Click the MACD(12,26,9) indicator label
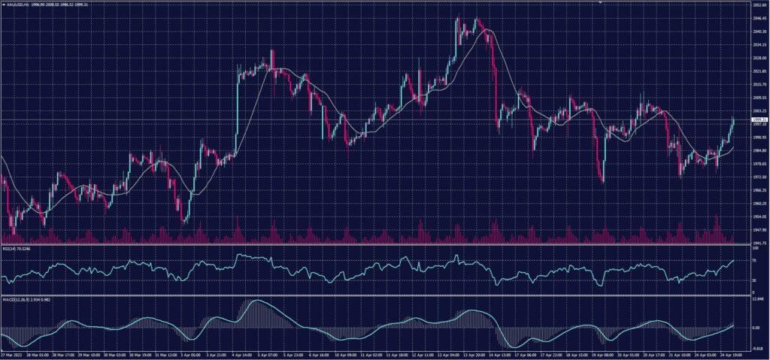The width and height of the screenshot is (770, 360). point(15,298)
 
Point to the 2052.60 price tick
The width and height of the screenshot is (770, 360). point(759,4)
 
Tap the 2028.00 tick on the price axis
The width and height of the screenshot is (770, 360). point(759,58)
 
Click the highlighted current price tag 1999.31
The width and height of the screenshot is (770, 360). point(759,119)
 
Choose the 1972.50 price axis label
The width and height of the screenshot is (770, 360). point(759,177)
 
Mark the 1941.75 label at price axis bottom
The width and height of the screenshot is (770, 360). point(759,243)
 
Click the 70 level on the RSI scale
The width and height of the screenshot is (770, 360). point(755,260)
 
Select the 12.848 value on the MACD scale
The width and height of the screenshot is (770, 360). point(758,299)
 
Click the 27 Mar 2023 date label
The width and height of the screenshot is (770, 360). point(11,353)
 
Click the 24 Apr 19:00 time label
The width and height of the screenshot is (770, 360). point(729,353)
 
